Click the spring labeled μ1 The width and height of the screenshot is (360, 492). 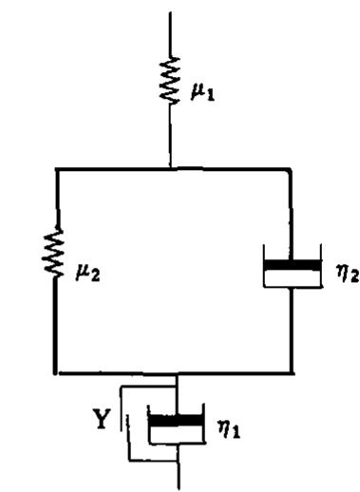coord(170,80)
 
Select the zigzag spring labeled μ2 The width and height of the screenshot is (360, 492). coord(55,252)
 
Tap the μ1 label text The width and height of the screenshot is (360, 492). coord(202,92)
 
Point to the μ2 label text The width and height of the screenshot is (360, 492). coord(87,274)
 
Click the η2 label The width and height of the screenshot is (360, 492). coord(348,274)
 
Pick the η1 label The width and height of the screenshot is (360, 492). coord(229,429)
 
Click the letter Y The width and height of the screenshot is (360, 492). coord(102,419)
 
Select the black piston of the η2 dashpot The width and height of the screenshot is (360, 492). coord(292,265)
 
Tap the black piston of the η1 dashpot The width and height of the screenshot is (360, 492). coord(176,421)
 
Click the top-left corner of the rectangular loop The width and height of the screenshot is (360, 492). coord(57,170)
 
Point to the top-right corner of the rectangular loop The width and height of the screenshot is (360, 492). coord(291,170)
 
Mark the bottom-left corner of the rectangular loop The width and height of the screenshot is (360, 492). coord(56,373)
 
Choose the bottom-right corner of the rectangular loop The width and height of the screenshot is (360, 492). coord(292,373)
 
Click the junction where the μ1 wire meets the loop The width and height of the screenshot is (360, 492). coord(171,169)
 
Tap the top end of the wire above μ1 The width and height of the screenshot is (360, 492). coord(170,12)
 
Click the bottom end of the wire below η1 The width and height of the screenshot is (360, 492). coord(179,489)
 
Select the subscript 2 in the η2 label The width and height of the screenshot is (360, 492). coord(354,277)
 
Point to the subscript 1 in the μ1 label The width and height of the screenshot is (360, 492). coord(211,96)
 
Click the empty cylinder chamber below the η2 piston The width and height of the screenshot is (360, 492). coord(292,278)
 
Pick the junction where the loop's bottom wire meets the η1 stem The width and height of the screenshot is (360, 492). coord(178,374)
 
